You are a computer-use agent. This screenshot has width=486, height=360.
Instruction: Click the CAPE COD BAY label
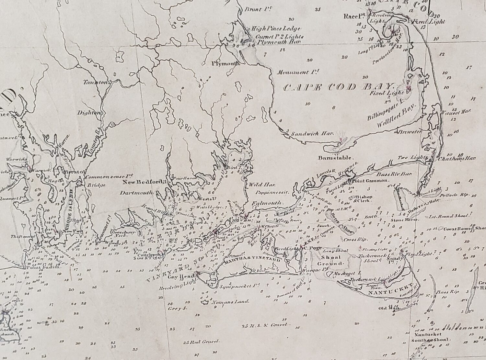[339, 87]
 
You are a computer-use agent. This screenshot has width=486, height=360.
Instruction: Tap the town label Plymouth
[226, 63]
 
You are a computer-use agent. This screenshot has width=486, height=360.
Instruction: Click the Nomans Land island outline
[205, 302]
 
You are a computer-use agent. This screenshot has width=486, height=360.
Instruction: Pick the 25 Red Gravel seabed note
[202, 342]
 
